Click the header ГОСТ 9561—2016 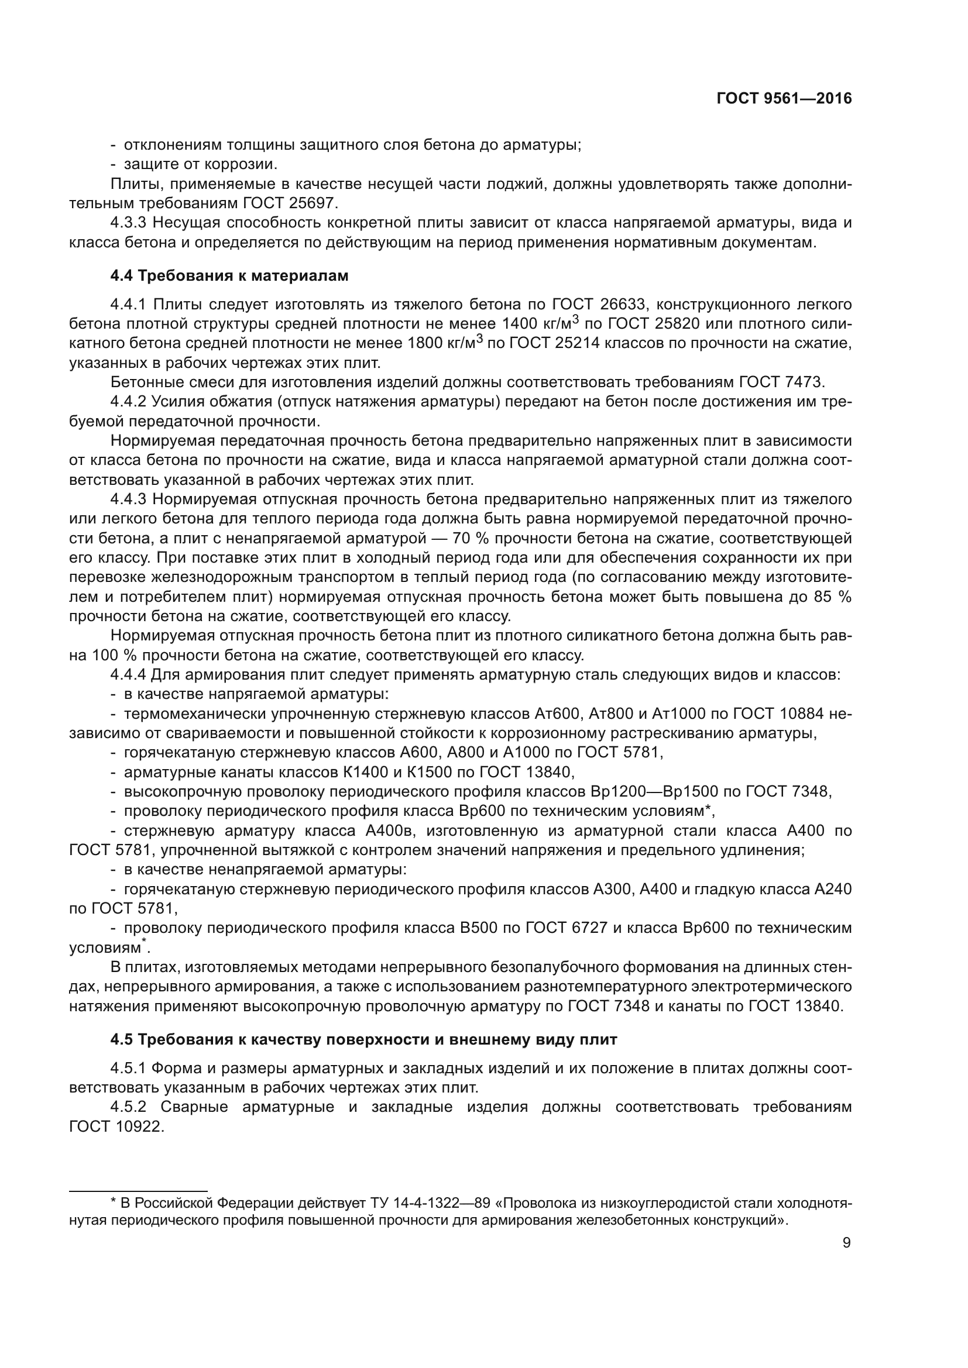(x=784, y=99)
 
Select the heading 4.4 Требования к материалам (x=229, y=276)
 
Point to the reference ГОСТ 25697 (x=290, y=203)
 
